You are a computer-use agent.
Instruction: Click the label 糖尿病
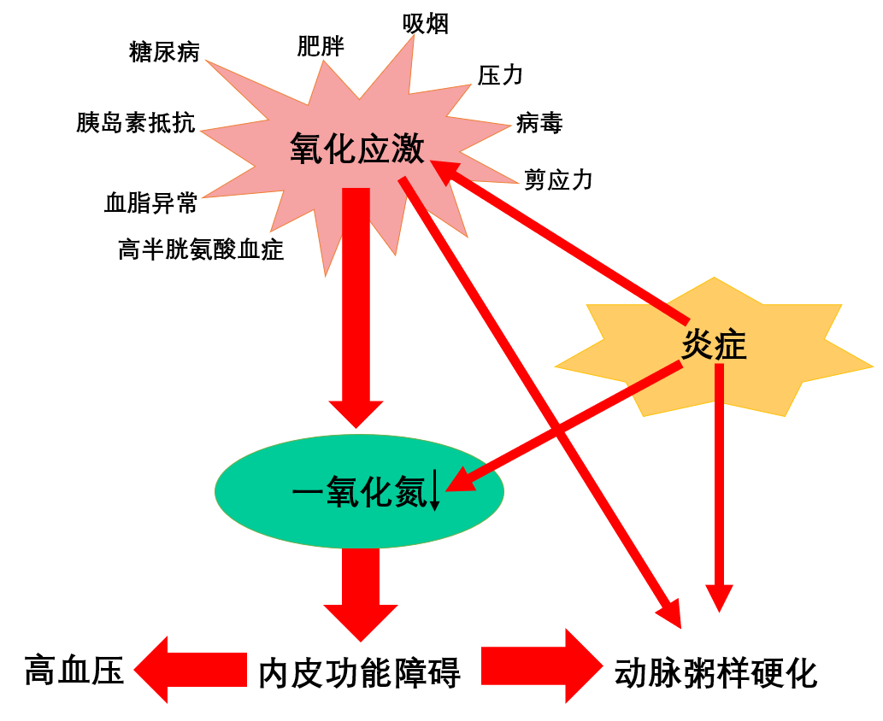pyautogui.click(x=164, y=52)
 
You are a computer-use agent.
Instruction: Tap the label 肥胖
pyautogui.click(x=321, y=46)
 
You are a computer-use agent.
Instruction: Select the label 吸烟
pyautogui.click(x=426, y=24)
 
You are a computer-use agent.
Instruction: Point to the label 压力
pyautogui.click(x=500, y=75)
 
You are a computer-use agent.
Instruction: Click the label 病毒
pyautogui.click(x=539, y=123)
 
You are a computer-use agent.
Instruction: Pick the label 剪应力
pyautogui.click(x=558, y=179)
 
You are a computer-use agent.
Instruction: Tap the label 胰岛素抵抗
pyautogui.click(x=135, y=123)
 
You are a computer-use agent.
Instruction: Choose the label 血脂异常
pyautogui.click(x=150, y=203)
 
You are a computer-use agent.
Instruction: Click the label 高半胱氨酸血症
pyautogui.click(x=201, y=249)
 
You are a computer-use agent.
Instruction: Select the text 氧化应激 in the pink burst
pyautogui.click(x=357, y=149)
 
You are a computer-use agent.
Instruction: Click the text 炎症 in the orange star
pyautogui.click(x=714, y=345)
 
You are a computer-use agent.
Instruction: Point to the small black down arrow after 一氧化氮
pyautogui.click(x=434, y=492)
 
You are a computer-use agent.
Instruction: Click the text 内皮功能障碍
pyautogui.click(x=359, y=672)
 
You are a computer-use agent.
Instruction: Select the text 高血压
pyautogui.click(x=74, y=670)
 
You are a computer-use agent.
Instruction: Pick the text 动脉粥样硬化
pyautogui.click(x=716, y=672)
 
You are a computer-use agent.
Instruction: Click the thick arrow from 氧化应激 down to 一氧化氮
pyautogui.click(x=356, y=308)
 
